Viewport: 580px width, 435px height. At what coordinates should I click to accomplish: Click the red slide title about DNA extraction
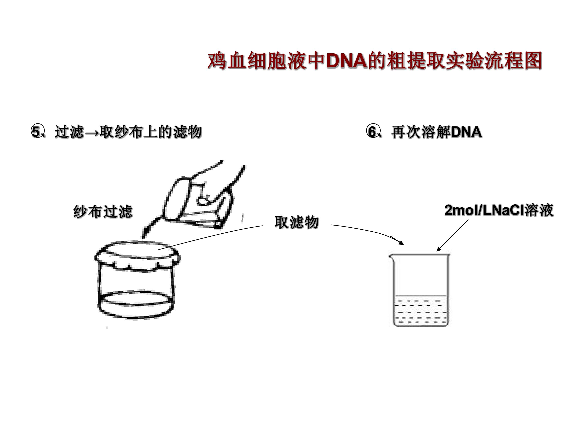pyautogui.click(x=375, y=61)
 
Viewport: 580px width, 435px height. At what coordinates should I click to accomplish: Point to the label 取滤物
pyautogui.click(x=297, y=222)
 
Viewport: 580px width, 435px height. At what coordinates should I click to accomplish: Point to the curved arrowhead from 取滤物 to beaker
pyautogui.click(x=400, y=242)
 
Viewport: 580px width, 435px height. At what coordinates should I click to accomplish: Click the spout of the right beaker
pyautogui.click(x=391, y=257)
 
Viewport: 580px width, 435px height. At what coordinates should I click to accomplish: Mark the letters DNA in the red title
pyautogui.click(x=346, y=61)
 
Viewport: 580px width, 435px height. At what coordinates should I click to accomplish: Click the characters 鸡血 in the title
pyautogui.click(x=227, y=61)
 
